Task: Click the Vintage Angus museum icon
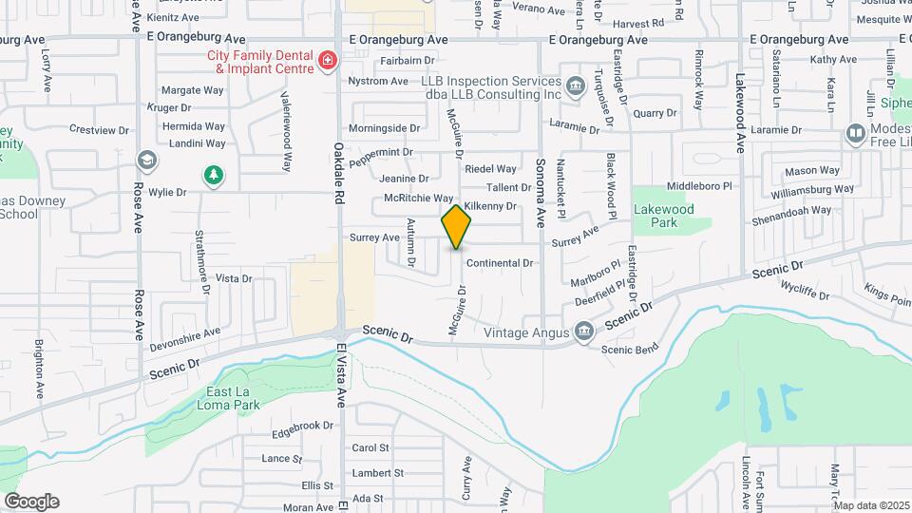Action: coord(582,332)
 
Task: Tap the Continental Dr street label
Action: coord(500,263)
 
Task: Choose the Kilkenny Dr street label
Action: coord(490,206)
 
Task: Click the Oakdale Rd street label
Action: coord(339,173)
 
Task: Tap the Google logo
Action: coord(31,502)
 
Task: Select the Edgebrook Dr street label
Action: coord(303,426)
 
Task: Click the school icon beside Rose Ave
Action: coord(146,159)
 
